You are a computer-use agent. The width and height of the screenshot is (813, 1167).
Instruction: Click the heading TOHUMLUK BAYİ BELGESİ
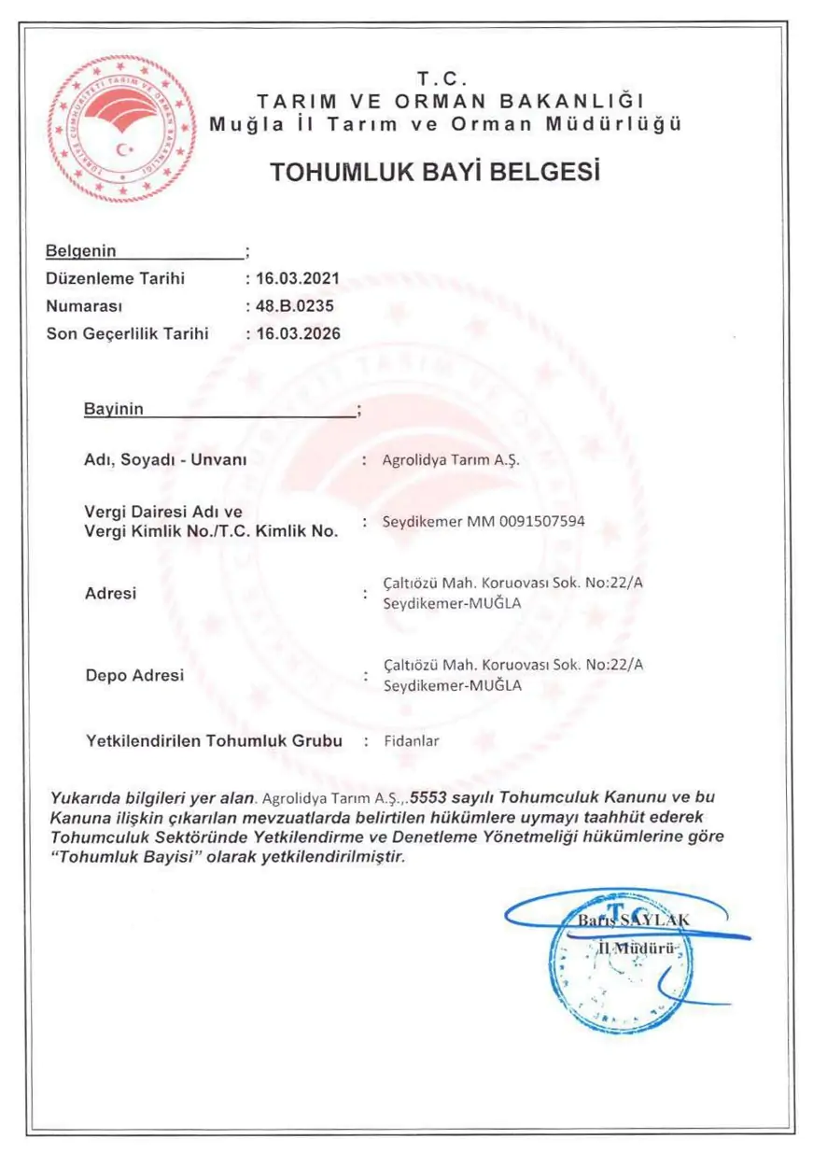pyautogui.click(x=433, y=173)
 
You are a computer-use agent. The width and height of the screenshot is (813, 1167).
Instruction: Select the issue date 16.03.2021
pyautogui.click(x=296, y=278)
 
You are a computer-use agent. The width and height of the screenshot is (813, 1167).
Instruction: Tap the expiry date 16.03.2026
pyautogui.click(x=296, y=333)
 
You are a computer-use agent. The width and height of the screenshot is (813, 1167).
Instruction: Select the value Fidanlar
pyautogui.click(x=411, y=741)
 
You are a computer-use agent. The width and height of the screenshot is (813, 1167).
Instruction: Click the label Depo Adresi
pyautogui.click(x=134, y=675)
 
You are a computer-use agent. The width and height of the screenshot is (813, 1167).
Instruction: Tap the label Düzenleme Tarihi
pyautogui.click(x=116, y=278)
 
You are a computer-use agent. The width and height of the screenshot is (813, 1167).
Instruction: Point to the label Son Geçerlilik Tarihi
pyautogui.click(x=128, y=333)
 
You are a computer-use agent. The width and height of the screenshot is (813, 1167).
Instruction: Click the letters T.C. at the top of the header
pyautogui.click(x=444, y=77)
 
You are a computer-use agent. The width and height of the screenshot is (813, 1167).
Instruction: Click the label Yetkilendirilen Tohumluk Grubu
pyautogui.click(x=214, y=741)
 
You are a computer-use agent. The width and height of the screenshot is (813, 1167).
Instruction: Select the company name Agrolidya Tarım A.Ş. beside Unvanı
pyautogui.click(x=449, y=460)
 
